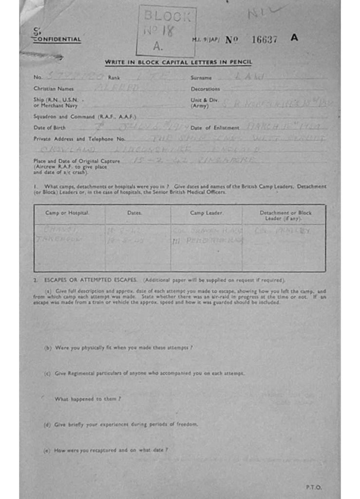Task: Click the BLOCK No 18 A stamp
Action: tap(166, 31)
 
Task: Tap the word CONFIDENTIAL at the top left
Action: tap(57, 40)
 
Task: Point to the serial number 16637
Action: tap(264, 40)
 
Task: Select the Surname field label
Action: tap(201, 77)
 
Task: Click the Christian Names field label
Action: tap(53, 89)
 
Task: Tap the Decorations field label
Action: tap(205, 89)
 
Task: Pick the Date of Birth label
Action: tap(49, 128)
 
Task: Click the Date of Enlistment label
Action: tap(215, 128)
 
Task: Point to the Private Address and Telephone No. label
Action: tap(73, 139)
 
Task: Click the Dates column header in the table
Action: tap(134, 213)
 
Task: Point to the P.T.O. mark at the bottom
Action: tap(314, 487)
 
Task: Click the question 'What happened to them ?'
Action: tap(88, 399)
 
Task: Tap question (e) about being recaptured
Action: tap(106, 450)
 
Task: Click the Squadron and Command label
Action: tap(85, 116)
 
